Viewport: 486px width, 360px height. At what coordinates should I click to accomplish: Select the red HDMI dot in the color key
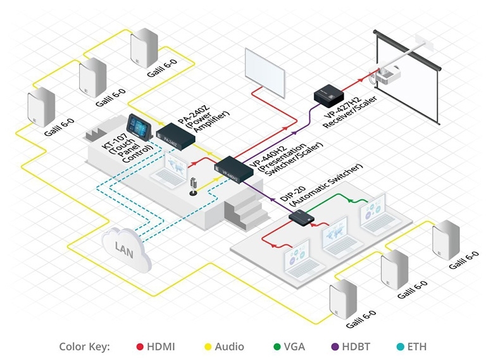pyautogui.click(x=140, y=347)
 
